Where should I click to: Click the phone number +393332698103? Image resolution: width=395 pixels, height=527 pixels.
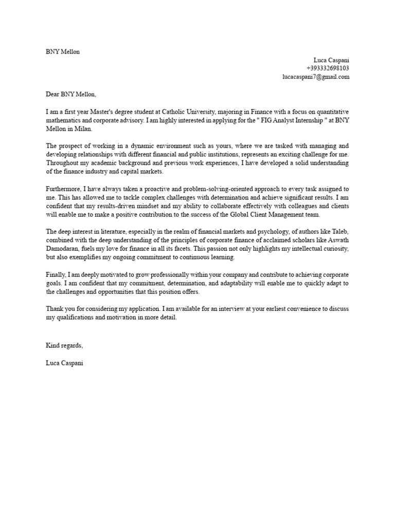328,68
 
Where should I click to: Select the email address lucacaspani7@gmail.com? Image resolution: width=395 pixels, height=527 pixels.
316,77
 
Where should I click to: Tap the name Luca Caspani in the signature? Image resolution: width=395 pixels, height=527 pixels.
64,363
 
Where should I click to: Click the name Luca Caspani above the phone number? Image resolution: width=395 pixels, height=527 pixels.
331,60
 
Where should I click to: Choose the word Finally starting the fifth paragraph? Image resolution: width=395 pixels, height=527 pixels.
56,275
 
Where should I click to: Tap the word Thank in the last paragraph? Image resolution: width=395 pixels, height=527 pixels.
55,309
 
